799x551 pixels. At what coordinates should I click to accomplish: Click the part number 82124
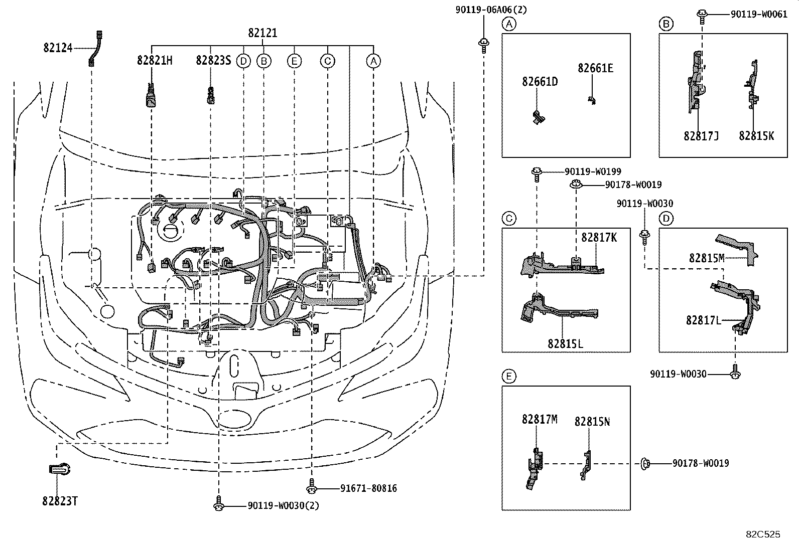click(x=58, y=48)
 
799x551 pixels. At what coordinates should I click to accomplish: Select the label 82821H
click(x=155, y=61)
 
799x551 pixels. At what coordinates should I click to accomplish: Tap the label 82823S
click(x=213, y=61)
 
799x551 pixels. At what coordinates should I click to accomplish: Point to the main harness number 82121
click(x=262, y=33)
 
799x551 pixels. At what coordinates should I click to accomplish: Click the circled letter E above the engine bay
click(x=294, y=61)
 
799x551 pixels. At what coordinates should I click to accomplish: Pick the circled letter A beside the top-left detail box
click(x=509, y=24)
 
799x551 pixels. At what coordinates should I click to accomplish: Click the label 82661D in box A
click(x=540, y=82)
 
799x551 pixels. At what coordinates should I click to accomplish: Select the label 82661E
click(x=595, y=69)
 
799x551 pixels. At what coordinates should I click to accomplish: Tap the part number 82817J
click(x=701, y=136)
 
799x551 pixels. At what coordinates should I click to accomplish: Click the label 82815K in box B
click(x=756, y=136)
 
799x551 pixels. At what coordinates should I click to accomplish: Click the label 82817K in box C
click(x=599, y=237)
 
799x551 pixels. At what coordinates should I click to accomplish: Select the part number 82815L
click(x=565, y=343)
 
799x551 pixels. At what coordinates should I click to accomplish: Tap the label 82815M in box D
click(x=707, y=258)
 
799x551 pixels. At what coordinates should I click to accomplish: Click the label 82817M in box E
click(x=540, y=420)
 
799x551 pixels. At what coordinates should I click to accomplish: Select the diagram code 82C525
click(x=763, y=535)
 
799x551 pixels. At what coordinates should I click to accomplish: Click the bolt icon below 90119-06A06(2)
click(x=484, y=44)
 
